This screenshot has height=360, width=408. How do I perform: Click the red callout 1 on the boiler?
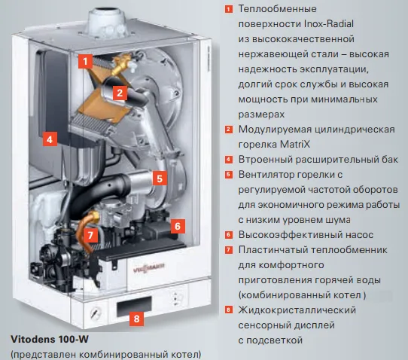click(x=85, y=62)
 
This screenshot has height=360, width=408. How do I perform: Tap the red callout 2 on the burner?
click(x=120, y=93)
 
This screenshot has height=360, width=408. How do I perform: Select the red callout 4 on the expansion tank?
click(x=50, y=139)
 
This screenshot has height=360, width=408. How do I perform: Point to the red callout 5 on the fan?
click(x=160, y=178)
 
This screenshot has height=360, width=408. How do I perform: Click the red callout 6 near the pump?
click(x=178, y=226)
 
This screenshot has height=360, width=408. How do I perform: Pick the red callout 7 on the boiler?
click(x=90, y=235)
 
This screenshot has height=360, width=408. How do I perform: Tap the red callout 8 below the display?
click(x=136, y=319)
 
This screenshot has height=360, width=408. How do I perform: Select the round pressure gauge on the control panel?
click(x=96, y=313)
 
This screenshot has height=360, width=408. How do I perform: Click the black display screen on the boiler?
click(x=134, y=306)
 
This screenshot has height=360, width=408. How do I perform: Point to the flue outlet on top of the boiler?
click(x=107, y=23)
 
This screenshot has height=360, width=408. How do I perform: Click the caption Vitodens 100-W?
click(x=50, y=339)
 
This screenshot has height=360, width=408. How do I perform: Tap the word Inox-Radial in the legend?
click(x=329, y=23)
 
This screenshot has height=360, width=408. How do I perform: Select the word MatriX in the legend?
click(x=295, y=144)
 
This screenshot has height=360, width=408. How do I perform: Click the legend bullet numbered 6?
click(x=228, y=235)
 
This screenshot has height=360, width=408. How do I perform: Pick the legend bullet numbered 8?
click(x=228, y=310)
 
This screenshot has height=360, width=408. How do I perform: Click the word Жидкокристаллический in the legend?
click(x=297, y=310)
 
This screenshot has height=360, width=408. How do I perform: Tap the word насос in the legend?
click(x=359, y=235)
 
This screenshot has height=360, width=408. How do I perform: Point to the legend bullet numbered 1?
click(x=228, y=10)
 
